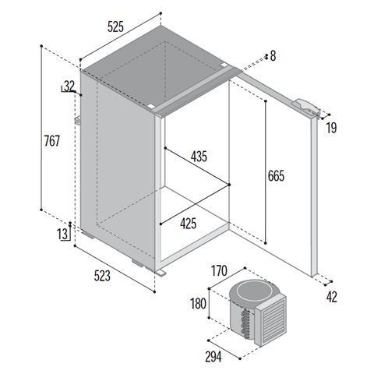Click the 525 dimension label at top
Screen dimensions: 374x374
pyautogui.click(x=115, y=26)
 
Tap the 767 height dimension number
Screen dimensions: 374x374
pyautogui.click(x=52, y=141)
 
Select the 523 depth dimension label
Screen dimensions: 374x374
pyautogui.click(x=102, y=276)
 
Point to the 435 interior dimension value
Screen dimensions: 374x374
pyautogui.click(x=199, y=157)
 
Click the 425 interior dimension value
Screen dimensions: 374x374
pyautogui.click(x=189, y=224)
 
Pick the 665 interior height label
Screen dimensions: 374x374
pyautogui.click(x=276, y=176)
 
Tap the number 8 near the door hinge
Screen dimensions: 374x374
pyautogui.click(x=273, y=56)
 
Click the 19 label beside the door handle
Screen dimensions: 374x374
pyautogui.click(x=331, y=128)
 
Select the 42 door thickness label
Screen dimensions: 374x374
pyautogui.click(x=332, y=297)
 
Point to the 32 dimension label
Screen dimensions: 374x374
pyautogui.click(x=69, y=86)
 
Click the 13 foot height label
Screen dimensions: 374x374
pyautogui.click(x=62, y=234)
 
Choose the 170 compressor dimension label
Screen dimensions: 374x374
pyautogui.click(x=219, y=270)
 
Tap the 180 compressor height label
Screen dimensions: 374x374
pyautogui.click(x=198, y=304)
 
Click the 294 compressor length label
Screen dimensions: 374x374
pyautogui.click(x=213, y=357)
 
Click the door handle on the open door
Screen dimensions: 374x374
pyautogui.click(x=306, y=108)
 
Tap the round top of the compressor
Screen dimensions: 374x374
pyautogui.click(x=251, y=291)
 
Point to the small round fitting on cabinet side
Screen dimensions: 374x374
pyautogui.click(x=77, y=121)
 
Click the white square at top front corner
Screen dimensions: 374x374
pyautogui.click(x=150, y=106)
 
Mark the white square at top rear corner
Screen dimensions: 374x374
pyautogui.click(x=224, y=65)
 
